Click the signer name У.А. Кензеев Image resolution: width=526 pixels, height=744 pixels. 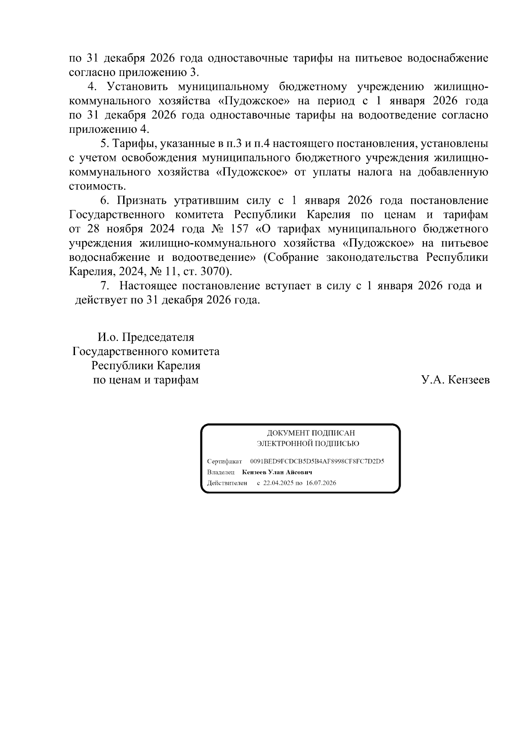(455, 380)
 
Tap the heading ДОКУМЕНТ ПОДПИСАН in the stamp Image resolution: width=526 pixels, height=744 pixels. (311, 433)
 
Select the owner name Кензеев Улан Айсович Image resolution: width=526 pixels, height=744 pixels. (277, 472)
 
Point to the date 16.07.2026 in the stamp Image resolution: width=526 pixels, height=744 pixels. (321, 483)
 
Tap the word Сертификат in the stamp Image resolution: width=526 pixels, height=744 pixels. (224, 462)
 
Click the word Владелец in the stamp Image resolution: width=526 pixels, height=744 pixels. (220, 472)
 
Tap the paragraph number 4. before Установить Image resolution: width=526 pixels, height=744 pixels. (91, 86)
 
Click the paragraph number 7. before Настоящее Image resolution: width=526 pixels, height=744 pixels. (104, 286)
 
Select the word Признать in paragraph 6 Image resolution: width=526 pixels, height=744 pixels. (142, 200)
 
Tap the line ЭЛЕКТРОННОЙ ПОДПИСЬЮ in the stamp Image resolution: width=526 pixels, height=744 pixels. (308, 443)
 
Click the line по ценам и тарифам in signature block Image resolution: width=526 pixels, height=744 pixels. (146, 380)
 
